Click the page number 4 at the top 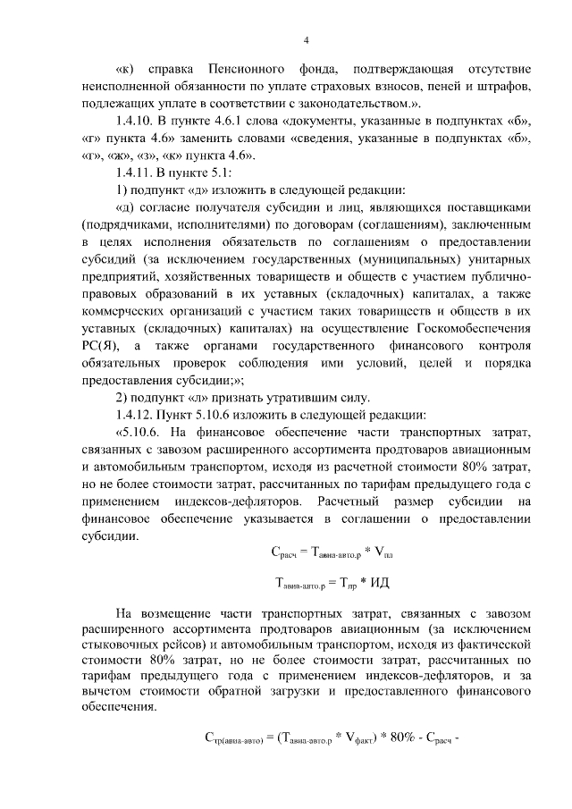pyautogui.click(x=306, y=39)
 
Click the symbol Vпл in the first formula pyautogui.click(x=381, y=553)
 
